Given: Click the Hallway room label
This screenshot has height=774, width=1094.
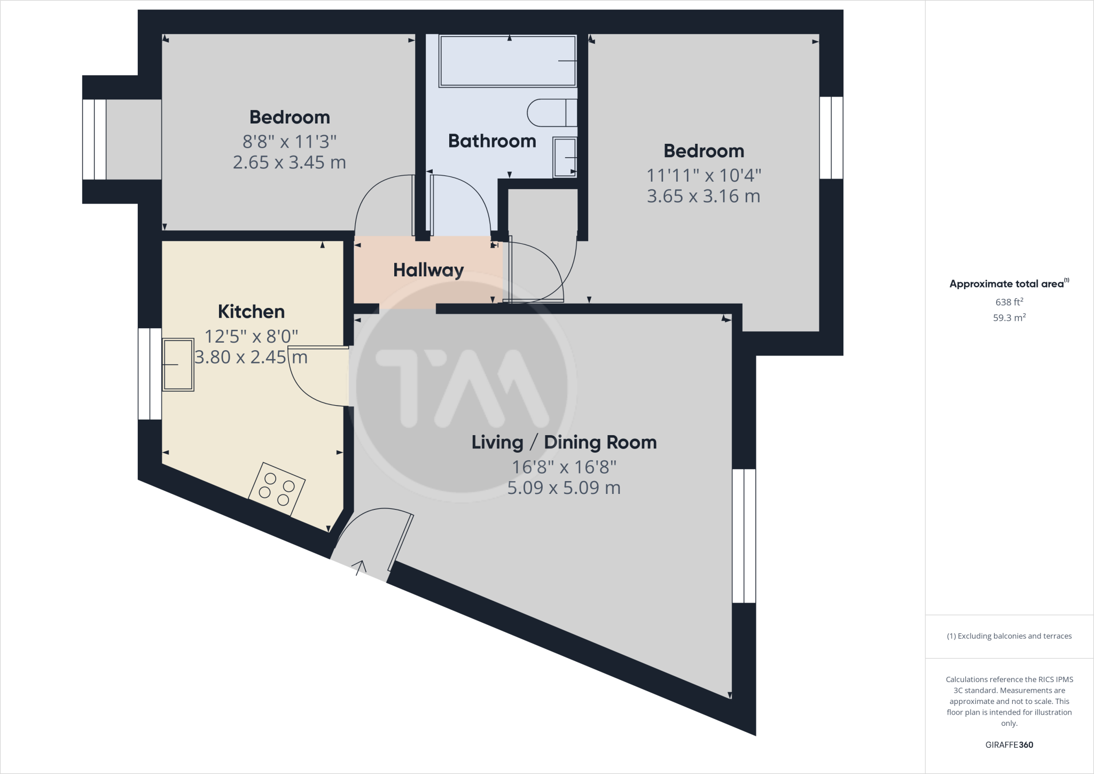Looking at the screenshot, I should [x=428, y=270].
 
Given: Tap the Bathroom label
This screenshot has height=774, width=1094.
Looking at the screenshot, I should [x=492, y=141].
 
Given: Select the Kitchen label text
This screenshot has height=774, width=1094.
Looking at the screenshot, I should [x=251, y=311].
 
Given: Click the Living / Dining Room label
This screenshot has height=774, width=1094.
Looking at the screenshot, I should [x=564, y=442].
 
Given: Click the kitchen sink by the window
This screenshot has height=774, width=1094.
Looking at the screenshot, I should [x=178, y=365].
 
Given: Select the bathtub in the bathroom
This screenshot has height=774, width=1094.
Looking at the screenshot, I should [x=507, y=60].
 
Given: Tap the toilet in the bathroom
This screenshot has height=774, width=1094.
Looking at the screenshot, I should [x=550, y=113].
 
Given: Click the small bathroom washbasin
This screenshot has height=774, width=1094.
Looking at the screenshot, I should [x=565, y=157].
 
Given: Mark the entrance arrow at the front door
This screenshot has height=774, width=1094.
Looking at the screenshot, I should [x=361, y=567].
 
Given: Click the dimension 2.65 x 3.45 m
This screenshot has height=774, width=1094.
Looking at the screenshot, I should [x=289, y=162].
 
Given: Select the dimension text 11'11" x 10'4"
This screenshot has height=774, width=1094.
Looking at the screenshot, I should [x=704, y=175].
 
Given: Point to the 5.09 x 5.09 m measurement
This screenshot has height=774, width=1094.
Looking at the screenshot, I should [x=564, y=487].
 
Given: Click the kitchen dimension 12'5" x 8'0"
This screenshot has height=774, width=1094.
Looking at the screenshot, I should [x=251, y=336].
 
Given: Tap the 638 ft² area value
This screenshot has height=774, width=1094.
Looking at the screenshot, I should [x=1009, y=302].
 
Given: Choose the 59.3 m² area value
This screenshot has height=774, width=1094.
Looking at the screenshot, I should [x=1009, y=318].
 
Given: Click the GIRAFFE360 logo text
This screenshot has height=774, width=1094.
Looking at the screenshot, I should [x=1009, y=745].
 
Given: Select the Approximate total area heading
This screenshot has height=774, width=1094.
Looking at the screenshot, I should [x=1007, y=284].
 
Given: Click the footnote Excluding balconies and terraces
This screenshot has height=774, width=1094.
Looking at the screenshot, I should [x=1009, y=636].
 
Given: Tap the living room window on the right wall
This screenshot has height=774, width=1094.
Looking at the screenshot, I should [x=744, y=536].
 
